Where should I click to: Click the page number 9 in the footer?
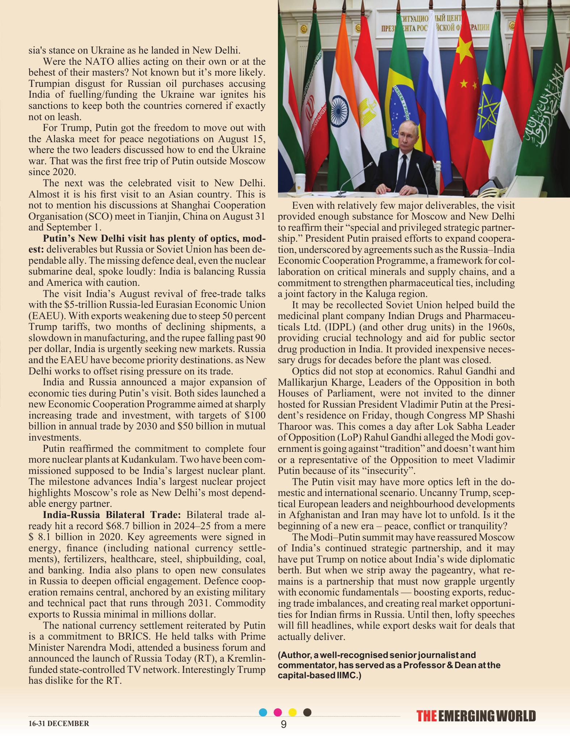[283, 724]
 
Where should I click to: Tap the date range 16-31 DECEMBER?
[59, 724]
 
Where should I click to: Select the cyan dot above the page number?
[263, 712]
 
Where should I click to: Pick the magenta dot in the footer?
[278, 712]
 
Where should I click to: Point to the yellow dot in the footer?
[292, 712]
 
